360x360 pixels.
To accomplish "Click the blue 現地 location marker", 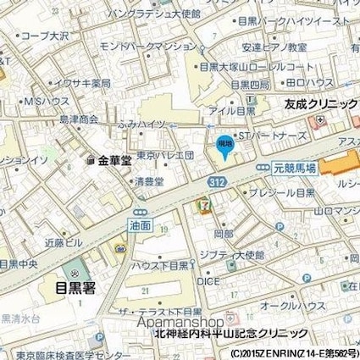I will (224, 145).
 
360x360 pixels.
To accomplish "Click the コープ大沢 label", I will (47, 38).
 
